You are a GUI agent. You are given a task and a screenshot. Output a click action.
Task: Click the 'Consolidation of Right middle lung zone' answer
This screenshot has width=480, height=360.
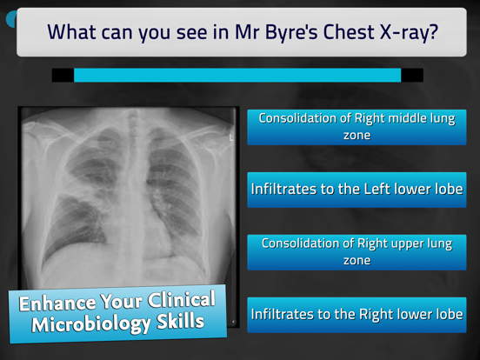pyautogui.click(x=357, y=127)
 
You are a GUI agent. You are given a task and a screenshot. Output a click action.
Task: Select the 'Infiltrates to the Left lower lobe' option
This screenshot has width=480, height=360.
pyautogui.click(x=357, y=189)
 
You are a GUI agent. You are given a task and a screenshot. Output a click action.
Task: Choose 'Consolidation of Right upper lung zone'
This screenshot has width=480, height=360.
pyautogui.click(x=357, y=251)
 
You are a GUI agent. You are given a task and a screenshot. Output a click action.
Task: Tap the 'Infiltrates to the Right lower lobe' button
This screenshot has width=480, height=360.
pyautogui.click(x=357, y=314)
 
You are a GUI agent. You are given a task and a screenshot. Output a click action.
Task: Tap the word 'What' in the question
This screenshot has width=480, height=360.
pyautogui.click(x=76, y=32)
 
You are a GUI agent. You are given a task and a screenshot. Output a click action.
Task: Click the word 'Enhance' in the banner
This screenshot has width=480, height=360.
pyautogui.click(x=57, y=305)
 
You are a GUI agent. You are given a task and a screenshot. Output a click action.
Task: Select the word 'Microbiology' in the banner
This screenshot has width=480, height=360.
pyautogui.click(x=95, y=324)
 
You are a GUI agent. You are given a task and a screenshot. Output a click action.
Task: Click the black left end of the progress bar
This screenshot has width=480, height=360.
pyautogui.click(x=63, y=75)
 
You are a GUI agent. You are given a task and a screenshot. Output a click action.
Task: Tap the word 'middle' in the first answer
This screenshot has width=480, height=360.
pyautogui.click(x=432, y=118)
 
